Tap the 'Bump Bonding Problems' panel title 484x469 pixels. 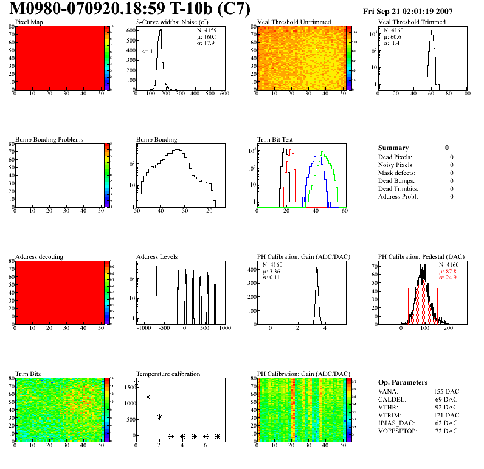(49, 140)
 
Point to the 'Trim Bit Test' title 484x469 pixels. (275, 140)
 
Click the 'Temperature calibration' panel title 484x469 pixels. (168, 374)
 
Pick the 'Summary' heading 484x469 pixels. (393, 148)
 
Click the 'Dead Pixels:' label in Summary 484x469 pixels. (395, 157)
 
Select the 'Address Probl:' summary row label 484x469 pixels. (398, 196)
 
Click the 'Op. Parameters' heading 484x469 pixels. (403, 382)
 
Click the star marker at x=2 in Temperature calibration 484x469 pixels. (159, 417)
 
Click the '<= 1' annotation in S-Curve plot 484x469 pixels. (147, 52)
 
